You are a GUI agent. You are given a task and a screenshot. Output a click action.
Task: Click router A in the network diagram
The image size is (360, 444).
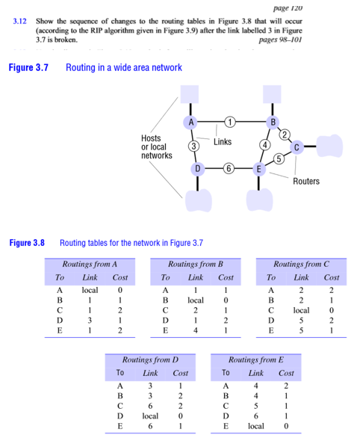(191, 121)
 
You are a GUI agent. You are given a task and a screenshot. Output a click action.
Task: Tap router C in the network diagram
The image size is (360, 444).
(297, 147)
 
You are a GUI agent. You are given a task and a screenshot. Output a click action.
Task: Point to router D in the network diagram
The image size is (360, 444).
(197, 169)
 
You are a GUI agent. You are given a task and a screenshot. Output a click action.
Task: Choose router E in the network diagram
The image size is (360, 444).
(258, 169)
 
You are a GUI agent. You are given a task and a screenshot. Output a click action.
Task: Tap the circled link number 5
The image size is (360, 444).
(277, 158)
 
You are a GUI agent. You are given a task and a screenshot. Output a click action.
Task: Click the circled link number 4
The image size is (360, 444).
(264, 144)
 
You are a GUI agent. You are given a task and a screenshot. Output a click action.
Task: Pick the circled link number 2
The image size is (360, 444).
(285, 134)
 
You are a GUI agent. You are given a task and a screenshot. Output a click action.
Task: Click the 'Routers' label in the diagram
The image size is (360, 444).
(306, 182)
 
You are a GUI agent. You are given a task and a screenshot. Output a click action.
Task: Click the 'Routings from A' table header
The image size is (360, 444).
(90, 265)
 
